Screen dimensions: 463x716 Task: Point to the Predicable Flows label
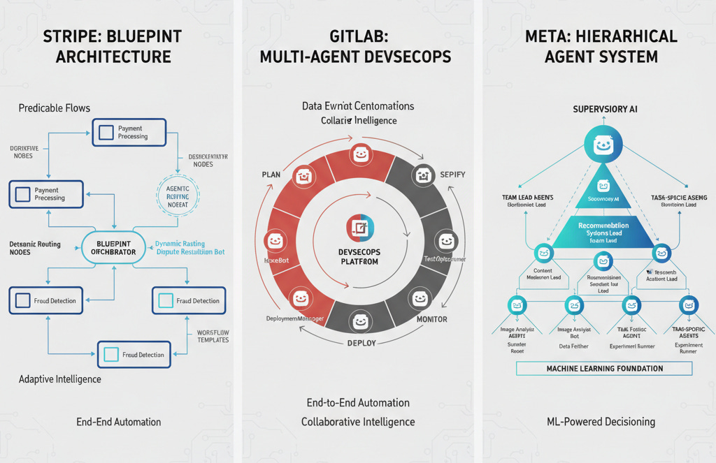tap(55, 108)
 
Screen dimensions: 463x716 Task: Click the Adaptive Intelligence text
tap(60, 379)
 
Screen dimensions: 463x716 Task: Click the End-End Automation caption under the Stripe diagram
tap(119, 422)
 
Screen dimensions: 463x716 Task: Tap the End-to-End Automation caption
tap(358, 403)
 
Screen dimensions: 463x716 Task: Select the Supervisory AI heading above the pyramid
tap(605, 110)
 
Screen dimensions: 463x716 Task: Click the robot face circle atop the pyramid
tap(603, 145)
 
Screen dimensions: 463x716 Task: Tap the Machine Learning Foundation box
tap(604, 368)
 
